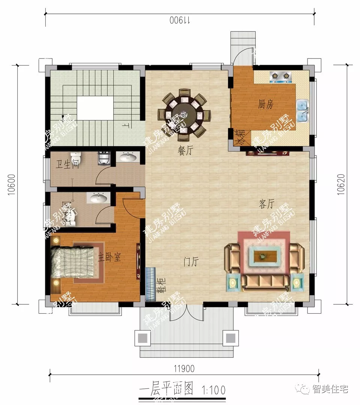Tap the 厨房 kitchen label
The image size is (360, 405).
tap(265, 105)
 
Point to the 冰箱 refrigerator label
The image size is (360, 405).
tap(239, 137)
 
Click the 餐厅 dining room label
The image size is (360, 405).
tap(185, 151)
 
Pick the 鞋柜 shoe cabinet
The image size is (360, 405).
tap(150, 285)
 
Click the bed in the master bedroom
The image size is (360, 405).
tap(73, 262)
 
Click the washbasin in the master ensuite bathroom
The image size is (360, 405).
tap(99, 197)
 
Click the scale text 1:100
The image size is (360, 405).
tap(214, 390)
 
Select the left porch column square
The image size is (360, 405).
tap(142, 338)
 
